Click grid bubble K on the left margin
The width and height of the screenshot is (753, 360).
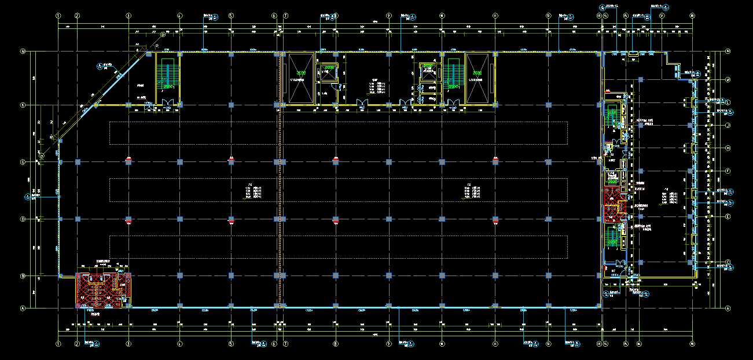pyautogui.click(x=23, y=105)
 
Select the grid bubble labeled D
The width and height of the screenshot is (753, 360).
pyautogui.click(x=23, y=219)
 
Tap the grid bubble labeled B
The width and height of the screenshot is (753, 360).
pyautogui.click(x=23, y=276)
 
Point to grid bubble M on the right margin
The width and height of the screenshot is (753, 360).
pyautogui.click(x=728, y=79)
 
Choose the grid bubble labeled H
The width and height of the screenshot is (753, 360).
pyautogui.click(x=728, y=148)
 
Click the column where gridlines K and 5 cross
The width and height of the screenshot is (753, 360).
pyautogui.click(x=231, y=105)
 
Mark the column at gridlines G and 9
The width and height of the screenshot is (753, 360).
pyautogui.click(x=389, y=162)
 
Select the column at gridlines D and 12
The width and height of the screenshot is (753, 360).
pyautogui.click(x=548, y=219)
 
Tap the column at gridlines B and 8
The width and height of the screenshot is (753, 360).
pyautogui.click(x=336, y=276)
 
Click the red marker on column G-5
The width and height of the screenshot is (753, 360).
pyautogui.click(x=231, y=158)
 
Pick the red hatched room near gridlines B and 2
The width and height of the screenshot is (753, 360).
pyautogui.click(x=103, y=290)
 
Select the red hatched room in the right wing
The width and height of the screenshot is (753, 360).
pyautogui.click(x=612, y=204)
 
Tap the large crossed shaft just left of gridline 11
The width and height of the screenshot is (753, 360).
pyautogui.click(x=477, y=78)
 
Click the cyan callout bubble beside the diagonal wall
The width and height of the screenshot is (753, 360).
pyautogui.click(x=102, y=67)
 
